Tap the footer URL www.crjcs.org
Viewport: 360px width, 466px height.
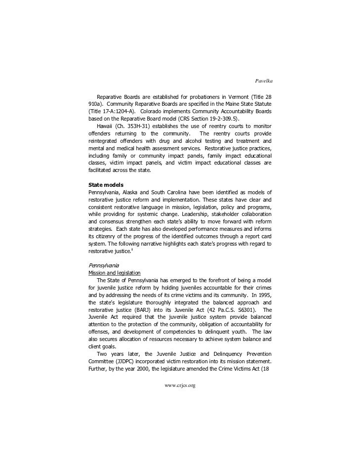(180, 385)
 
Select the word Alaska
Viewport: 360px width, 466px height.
(138, 192)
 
